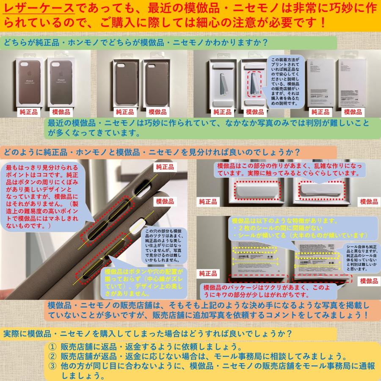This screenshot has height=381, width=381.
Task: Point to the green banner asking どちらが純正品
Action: click(169, 43)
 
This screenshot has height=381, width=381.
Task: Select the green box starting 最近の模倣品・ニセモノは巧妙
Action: click(212, 127)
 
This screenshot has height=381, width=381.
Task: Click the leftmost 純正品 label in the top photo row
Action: click(28, 112)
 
